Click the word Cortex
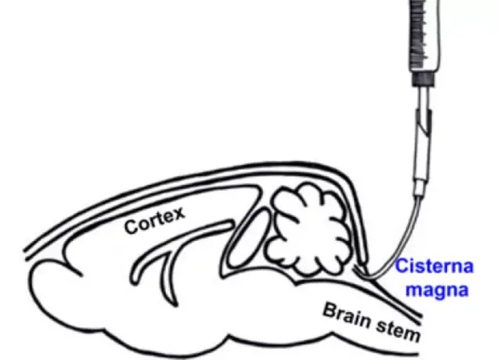(153, 219)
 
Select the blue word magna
(441, 290)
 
